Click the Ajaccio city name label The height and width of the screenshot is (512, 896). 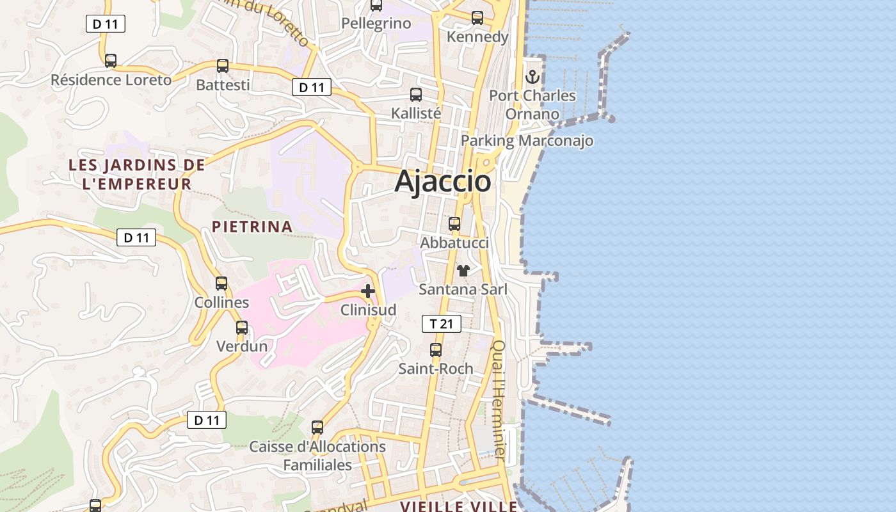(443, 181)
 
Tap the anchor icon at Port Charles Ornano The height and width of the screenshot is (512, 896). (532, 77)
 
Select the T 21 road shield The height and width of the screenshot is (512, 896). (442, 324)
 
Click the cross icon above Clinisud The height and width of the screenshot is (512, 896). (368, 292)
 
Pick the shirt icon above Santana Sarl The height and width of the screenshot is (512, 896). (463, 271)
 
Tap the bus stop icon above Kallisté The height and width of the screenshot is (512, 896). (416, 95)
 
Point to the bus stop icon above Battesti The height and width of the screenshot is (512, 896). (223, 66)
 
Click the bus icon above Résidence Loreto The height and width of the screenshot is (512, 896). (111, 61)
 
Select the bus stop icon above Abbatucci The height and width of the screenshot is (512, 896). (454, 224)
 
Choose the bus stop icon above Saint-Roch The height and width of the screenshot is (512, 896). (436, 350)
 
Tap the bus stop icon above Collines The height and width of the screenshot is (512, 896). (221, 283)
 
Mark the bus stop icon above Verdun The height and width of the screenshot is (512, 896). (242, 328)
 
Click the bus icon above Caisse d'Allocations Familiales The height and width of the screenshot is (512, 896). (317, 428)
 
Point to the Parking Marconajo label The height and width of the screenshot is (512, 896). (527, 141)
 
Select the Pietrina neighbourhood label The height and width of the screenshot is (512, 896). (252, 227)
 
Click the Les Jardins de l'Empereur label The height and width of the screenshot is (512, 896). (136, 174)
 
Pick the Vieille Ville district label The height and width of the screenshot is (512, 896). (458, 506)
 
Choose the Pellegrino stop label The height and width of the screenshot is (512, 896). (376, 24)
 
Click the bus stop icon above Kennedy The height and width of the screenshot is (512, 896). (477, 18)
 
